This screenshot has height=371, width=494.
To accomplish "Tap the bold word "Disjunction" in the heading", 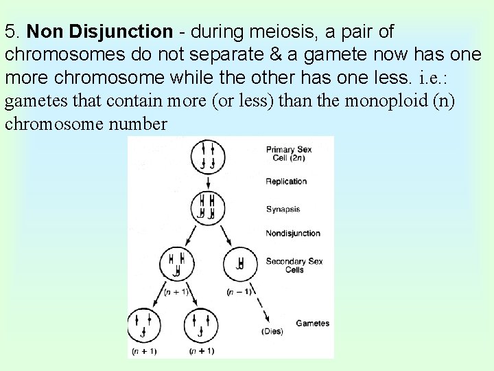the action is click(130, 32).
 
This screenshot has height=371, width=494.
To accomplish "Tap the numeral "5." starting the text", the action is click(14, 32).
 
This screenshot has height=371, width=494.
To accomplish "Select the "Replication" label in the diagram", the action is click(286, 181).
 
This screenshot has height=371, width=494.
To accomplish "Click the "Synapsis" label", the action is click(283, 210).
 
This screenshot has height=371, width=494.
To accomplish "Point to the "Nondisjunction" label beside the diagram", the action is click(293, 234).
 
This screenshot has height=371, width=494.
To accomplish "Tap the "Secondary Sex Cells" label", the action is click(294, 265).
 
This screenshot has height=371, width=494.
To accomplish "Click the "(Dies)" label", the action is click(272, 331).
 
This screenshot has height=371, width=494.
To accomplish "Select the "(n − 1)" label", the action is click(239, 291).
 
